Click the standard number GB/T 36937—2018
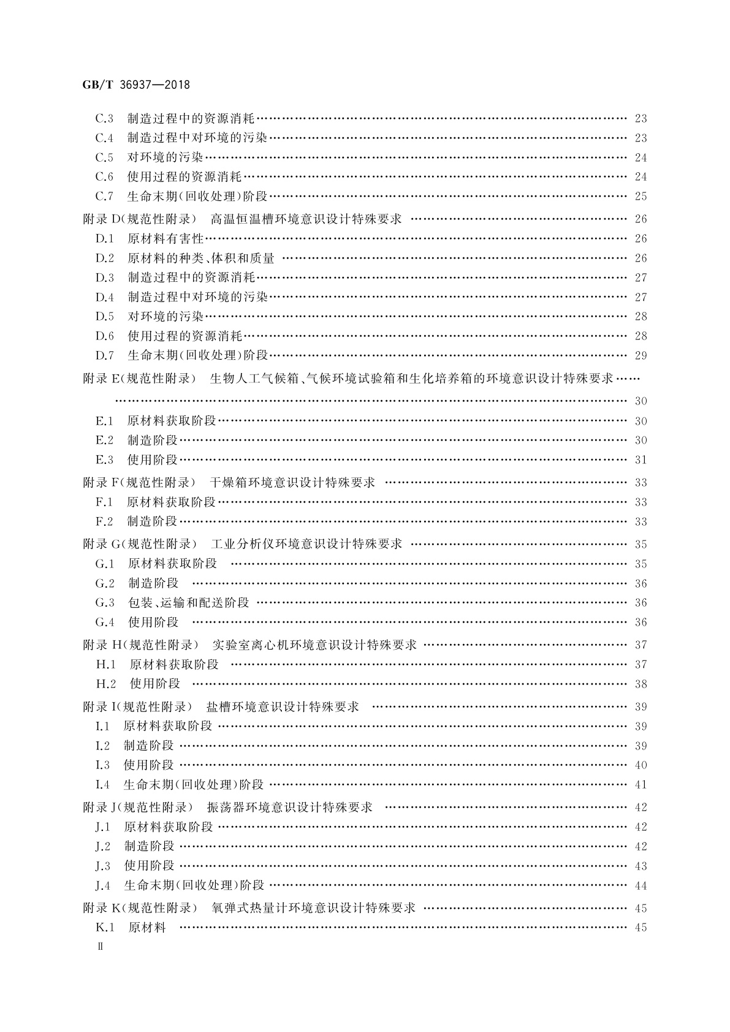[136, 85]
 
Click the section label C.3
[104, 118]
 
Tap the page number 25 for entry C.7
[641, 197]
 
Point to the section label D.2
[105, 258]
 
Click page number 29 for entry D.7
[641, 355]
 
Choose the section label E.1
[104, 421]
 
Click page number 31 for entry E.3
[641, 460]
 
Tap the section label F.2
[104, 522]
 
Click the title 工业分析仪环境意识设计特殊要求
[306, 544]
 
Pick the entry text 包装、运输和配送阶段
[188, 603]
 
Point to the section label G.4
[105, 623]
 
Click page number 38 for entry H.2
[641, 684]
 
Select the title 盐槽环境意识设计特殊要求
[283, 707]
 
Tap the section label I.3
[102, 765]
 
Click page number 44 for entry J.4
[641, 886]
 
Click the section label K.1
[106, 927]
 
